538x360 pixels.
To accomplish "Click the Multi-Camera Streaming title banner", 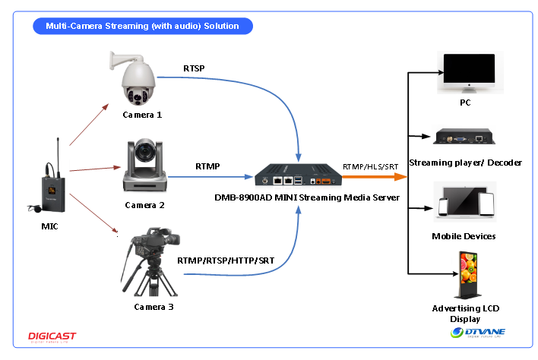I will point(142,26).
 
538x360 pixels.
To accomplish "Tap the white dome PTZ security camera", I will point(133,77).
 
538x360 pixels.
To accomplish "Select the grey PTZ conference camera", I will point(144,164).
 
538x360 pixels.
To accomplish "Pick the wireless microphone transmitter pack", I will point(44,172).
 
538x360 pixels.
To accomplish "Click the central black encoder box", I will point(298,178).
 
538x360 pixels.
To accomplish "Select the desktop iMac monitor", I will point(470,71).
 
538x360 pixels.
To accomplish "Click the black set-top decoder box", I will point(464,136).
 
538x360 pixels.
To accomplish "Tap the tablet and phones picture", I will point(465,201).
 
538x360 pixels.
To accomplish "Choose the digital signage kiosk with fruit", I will point(467,273).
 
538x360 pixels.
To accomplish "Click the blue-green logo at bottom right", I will point(478,333).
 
